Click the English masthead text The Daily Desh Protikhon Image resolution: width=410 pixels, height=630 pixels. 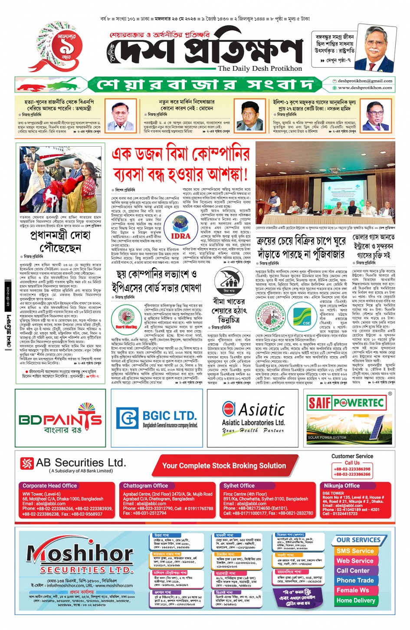pos(260,68)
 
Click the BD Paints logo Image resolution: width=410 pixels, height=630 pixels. pos(60,419)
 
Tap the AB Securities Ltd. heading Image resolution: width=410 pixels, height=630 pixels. pos(81,463)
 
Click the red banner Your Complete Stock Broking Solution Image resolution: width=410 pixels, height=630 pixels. pos(224,466)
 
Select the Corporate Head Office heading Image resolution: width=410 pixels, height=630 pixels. pos(49,486)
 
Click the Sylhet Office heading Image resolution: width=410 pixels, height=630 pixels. pos(239,486)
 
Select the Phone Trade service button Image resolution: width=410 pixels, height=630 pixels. pos(355,580)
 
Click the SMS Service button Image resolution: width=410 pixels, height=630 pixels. pos(355,551)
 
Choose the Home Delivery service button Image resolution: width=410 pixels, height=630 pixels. pos(356,600)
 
